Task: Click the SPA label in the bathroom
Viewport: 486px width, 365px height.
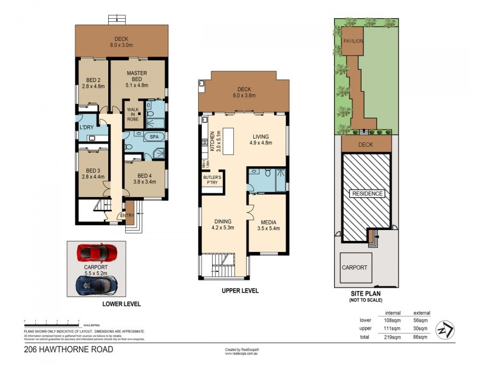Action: pyautogui.click(x=155, y=137)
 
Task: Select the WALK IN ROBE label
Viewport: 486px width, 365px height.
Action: pyautogui.click(x=132, y=114)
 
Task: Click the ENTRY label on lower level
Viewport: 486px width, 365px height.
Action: pyautogui.click(x=127, y=215)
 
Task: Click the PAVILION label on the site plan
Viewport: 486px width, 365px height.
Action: pyautogui.click(x=353, y=41)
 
